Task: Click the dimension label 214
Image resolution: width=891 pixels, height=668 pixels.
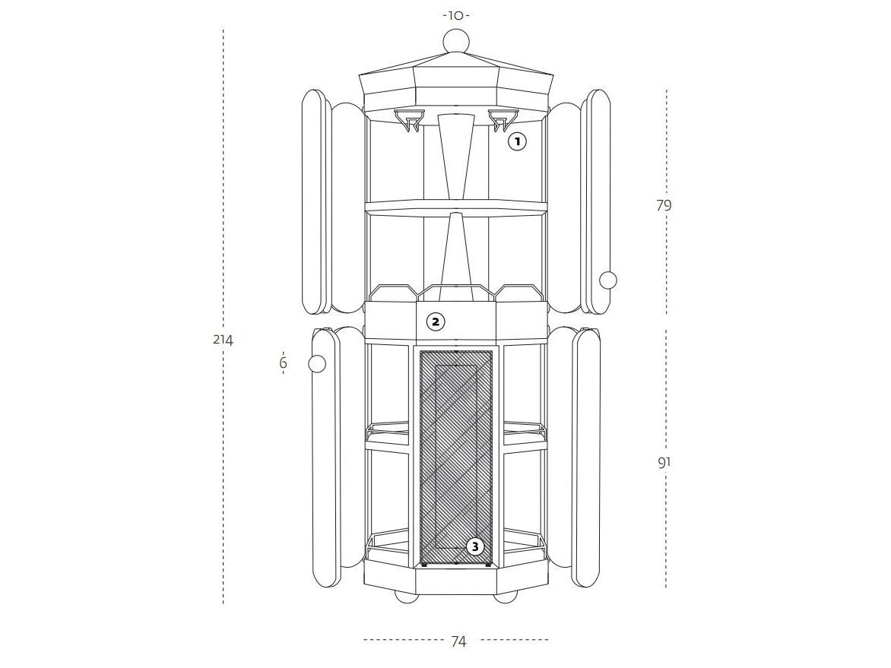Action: point(223,340)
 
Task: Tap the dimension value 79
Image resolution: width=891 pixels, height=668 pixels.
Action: point(664,205)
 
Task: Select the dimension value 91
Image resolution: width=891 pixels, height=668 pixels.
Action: point(664,462)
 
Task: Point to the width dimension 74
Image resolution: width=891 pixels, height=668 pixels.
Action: point(458,641)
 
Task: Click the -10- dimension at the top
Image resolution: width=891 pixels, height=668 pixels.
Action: point(456,15)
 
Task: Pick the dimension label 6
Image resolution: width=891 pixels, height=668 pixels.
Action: point(283,362)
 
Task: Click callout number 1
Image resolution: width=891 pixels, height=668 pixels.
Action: point(517,141)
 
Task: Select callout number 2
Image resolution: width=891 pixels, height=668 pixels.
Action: point(436,322)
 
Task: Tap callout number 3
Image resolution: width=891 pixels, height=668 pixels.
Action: point(475,547)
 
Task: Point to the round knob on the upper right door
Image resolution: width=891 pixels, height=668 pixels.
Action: point(608,280)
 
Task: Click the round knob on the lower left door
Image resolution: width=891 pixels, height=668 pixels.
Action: point(316,363)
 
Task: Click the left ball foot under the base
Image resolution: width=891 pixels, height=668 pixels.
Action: point(407,597)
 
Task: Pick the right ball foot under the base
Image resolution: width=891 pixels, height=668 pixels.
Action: point(505,597)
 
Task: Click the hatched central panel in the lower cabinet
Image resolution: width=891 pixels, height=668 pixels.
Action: point(455,458)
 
